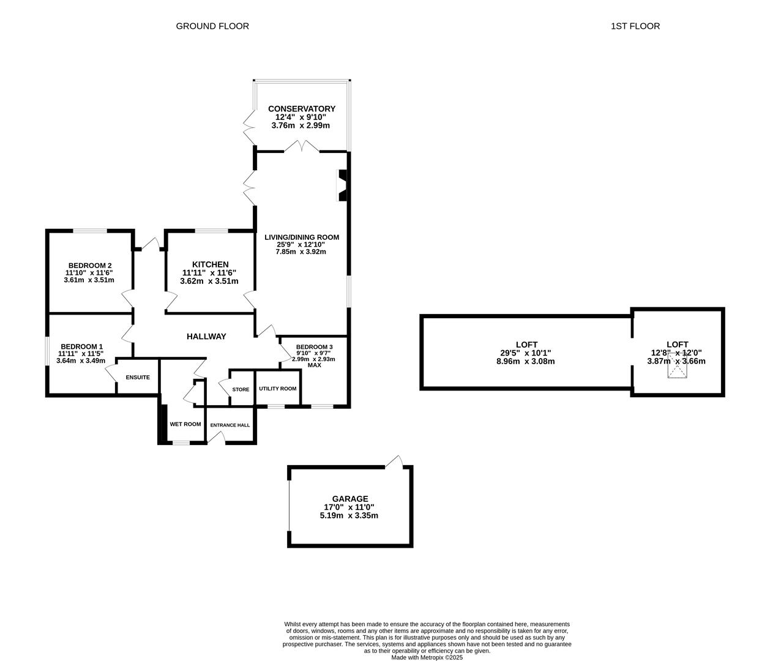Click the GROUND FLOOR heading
(x=212, y=26)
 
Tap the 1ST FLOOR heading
(x=635, y=26)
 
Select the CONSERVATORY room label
(x=301, y=109)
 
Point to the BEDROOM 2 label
(x=89, y=265)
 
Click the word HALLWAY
(x=206, y=337)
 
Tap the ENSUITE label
(x=138, y=378)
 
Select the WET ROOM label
(x=185, y=424)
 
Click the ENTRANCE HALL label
(x=230, y=425)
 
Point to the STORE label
(x=241, y=389)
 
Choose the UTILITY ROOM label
(x=277, y=389)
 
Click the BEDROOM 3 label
(x=314, y=346)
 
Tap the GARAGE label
(x=350, y=499)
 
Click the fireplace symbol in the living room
(x=342, y=185)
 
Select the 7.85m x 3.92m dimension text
(x=301, y=252)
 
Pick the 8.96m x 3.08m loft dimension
(x=525, y=361)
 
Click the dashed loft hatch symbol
(x=677, y=368)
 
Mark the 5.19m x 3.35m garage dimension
(x=349, y=515)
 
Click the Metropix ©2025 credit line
(x=427, y=657)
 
